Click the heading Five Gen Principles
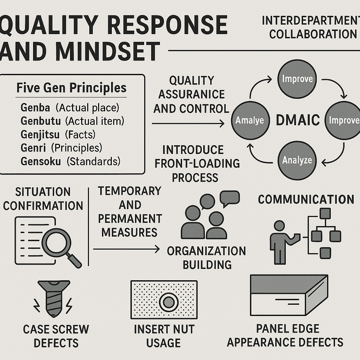72,88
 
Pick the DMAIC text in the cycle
297,120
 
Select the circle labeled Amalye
250,120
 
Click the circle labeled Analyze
297,161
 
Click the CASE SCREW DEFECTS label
56,336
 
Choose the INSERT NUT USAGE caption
164,336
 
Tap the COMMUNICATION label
306,199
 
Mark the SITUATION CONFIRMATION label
43,199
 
